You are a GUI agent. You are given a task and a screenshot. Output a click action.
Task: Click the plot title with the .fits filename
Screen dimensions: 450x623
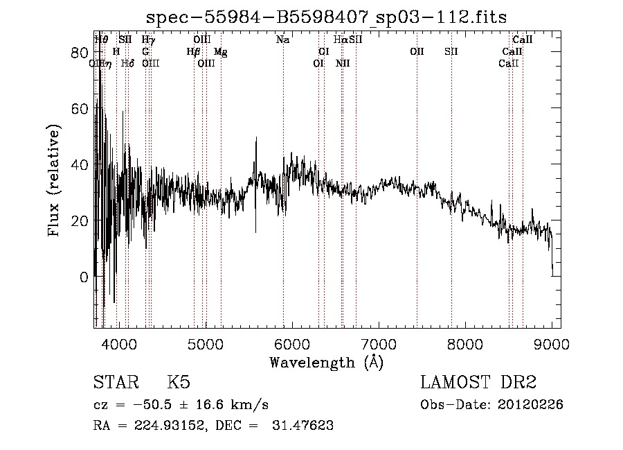326,18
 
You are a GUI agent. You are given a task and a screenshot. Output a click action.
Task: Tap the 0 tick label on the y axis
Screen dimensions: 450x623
84,277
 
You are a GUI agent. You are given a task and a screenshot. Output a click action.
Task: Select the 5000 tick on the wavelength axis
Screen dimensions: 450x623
205,345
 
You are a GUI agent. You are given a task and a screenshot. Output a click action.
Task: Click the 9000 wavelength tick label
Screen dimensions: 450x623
552,345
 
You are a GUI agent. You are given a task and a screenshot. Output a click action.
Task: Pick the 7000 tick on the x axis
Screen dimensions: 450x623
379,345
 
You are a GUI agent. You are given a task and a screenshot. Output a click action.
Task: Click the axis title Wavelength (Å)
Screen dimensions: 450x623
326,362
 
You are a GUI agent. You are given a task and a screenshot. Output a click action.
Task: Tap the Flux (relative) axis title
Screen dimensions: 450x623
55,180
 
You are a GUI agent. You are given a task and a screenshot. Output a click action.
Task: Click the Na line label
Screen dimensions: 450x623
282,40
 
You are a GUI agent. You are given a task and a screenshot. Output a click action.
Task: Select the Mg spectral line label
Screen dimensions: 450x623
220,52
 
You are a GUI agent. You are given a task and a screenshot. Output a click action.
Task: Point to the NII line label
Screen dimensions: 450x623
343,64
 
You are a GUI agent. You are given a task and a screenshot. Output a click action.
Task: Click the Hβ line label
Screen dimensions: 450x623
193,52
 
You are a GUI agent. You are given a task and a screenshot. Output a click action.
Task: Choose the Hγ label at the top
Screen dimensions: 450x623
148,40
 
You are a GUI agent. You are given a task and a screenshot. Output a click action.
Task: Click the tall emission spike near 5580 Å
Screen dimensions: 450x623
256,139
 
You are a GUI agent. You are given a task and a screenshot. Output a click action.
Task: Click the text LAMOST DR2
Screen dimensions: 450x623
478,383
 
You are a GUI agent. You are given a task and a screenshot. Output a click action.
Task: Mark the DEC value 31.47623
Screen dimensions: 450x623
302,426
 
